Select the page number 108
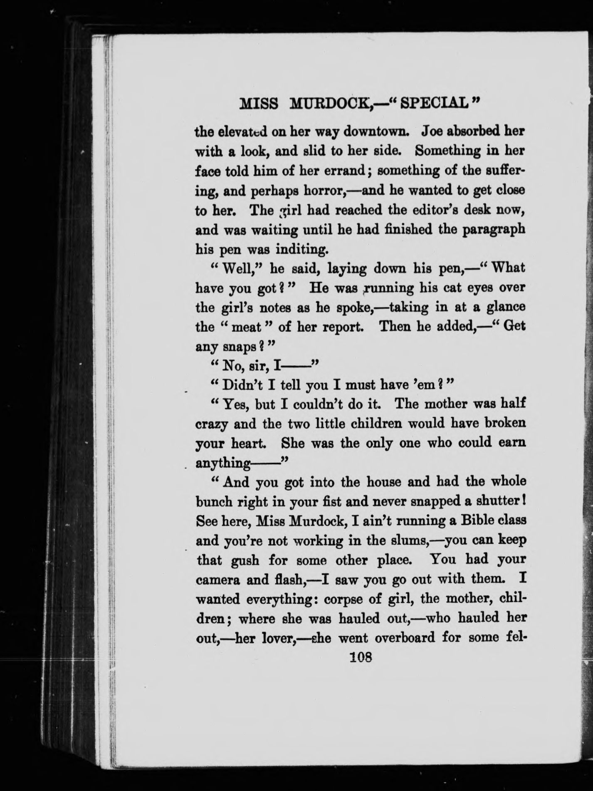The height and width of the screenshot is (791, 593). pyautogui.click(x=360, y=658)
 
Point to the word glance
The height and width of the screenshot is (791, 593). pyautogui.click(x=504, y=307)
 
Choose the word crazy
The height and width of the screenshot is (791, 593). pyautogui.click(x=212, y=424)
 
